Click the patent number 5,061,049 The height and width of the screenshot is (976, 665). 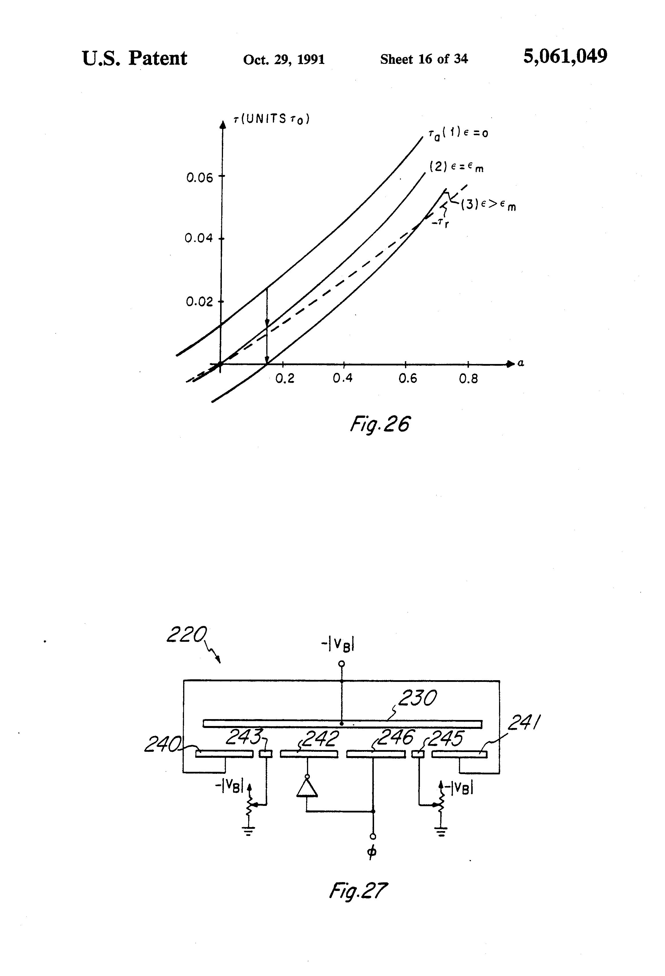coord(565,56)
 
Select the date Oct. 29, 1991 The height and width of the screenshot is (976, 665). coord(284,59)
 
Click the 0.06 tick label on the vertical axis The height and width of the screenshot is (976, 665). coord(200,178)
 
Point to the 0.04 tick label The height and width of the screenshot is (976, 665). coord(199,239)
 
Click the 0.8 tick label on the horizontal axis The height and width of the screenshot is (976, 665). coord(468,379)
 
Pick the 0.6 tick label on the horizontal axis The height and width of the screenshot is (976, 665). coord(407,379)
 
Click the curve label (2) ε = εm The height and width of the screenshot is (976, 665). coord(456,167)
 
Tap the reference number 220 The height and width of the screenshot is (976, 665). coord(187,635)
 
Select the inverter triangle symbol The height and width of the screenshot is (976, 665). coord(307,788)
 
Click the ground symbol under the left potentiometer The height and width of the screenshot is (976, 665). coord(249,832)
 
